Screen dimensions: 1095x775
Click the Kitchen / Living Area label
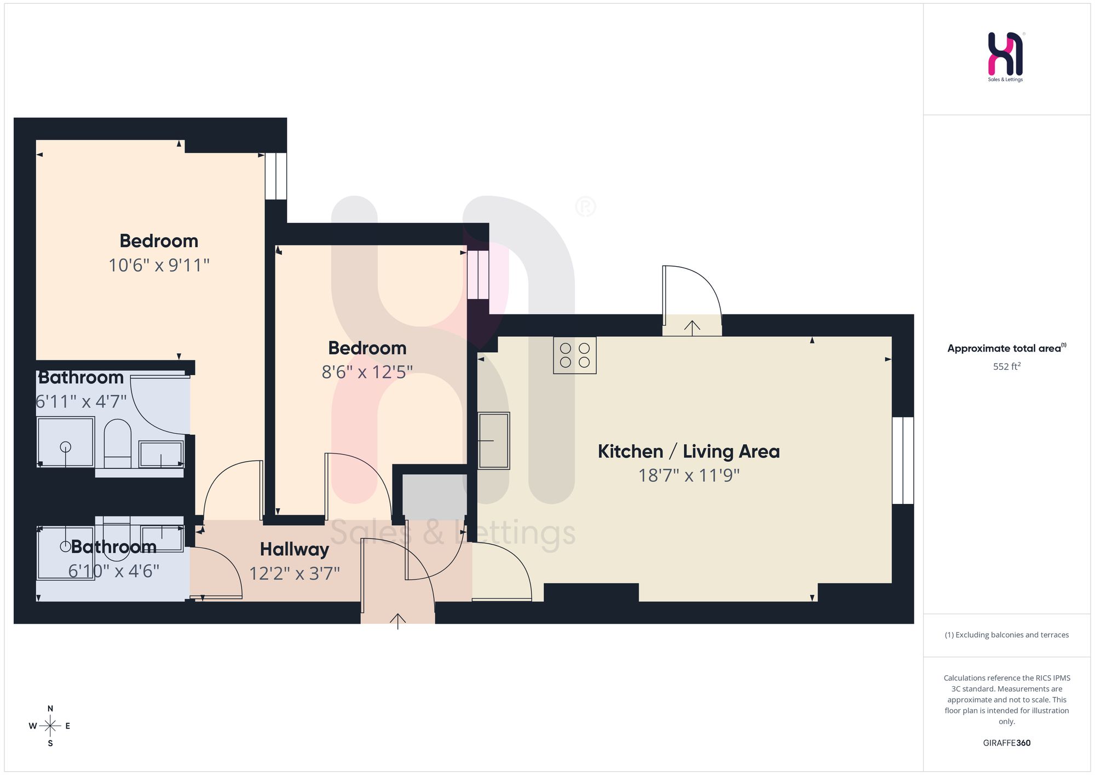[x=689, y=451]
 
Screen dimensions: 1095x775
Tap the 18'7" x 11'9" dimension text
[x=689, y=475]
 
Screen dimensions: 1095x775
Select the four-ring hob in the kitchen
[x=574, y=355]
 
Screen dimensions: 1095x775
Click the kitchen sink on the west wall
[x=494, y=440]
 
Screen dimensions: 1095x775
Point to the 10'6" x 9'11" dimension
[x=159, y=265]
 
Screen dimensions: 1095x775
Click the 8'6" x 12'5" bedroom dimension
[x=367, y=372]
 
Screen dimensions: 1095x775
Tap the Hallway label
[x=295, y=549]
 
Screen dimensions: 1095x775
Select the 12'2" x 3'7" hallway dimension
[x=295, y=573]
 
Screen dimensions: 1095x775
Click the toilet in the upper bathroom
[x=117, y=443]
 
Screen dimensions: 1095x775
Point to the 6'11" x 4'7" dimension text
[x=81, y=401]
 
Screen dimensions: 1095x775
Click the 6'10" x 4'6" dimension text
[x=114, y=571]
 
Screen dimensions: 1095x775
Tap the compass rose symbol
[x=50, y=726]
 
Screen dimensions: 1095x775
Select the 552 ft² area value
[x=1007, y=366]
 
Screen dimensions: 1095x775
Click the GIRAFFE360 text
[x=1007, y=743]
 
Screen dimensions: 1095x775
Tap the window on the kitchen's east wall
[x=903, y=461]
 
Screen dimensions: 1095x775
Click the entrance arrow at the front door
[x=397, y=622]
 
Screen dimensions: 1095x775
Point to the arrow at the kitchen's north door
[x=692, y=328]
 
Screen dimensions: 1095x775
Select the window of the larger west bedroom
[x=276, y=176]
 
